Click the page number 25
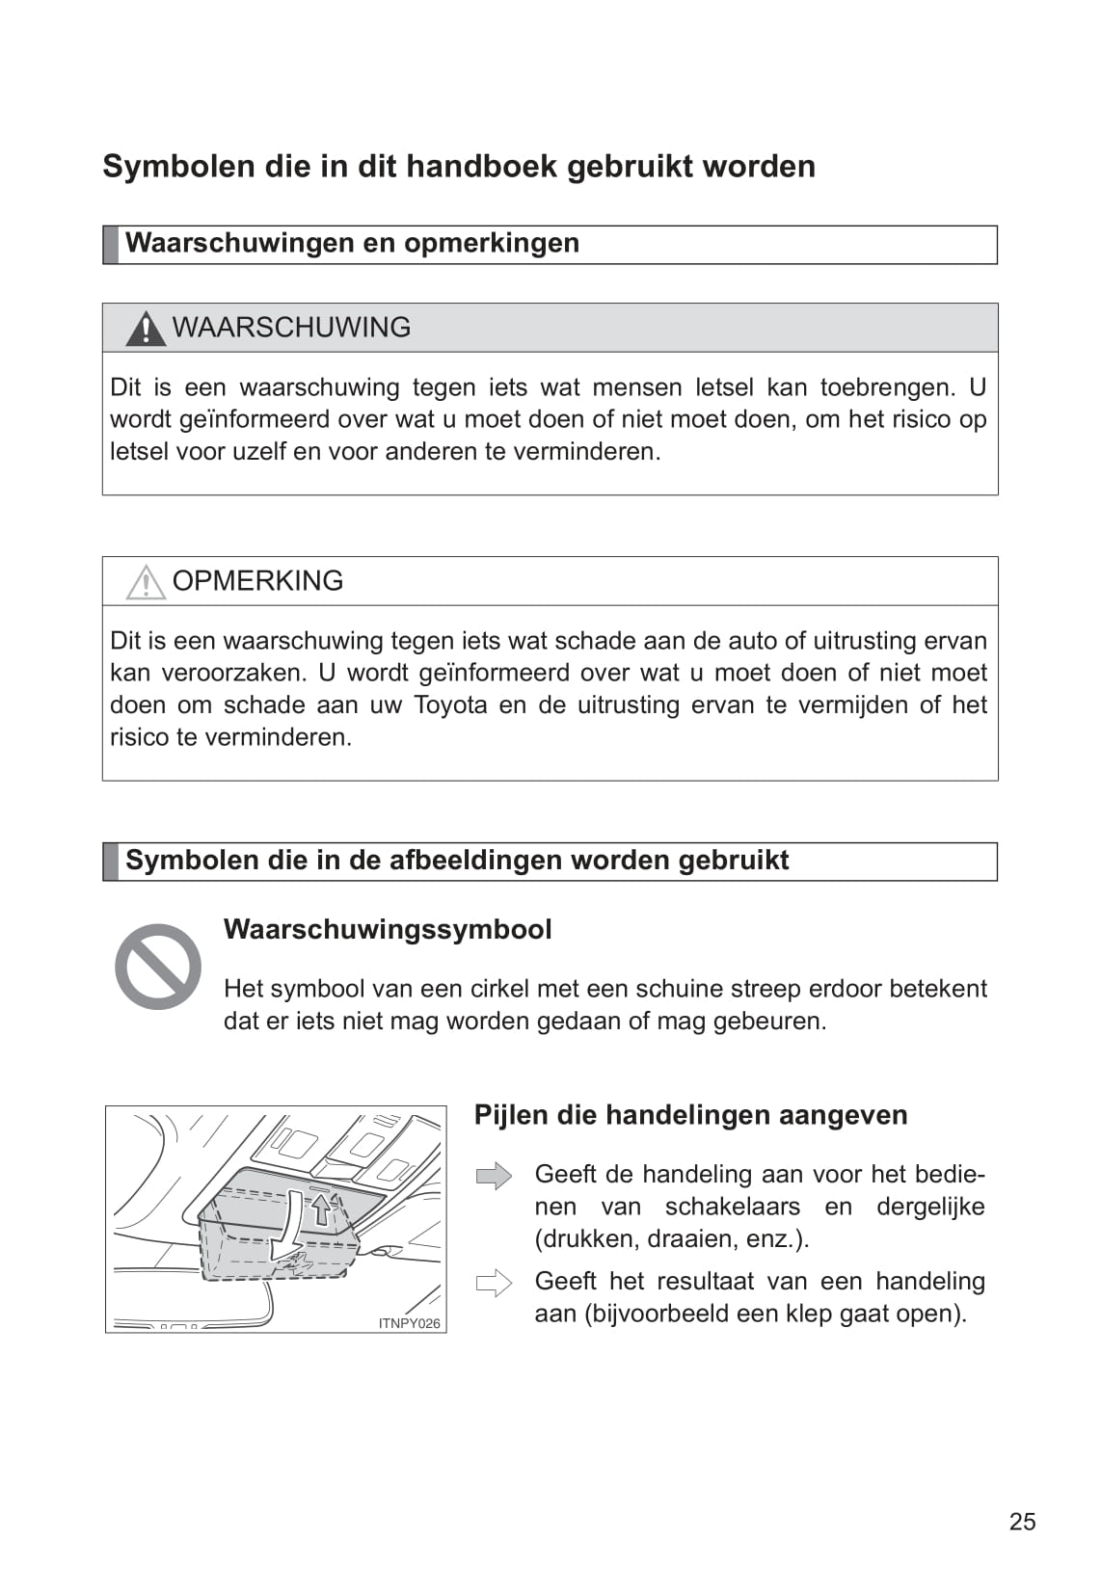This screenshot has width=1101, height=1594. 1022,1521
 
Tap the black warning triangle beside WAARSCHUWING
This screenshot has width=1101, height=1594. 146,329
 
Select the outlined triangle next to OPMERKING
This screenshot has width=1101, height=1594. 146,582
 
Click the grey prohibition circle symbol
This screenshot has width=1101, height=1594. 158,967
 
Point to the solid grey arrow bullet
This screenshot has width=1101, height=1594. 494,1176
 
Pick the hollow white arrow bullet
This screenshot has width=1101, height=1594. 494,1283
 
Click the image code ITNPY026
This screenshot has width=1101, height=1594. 409,1323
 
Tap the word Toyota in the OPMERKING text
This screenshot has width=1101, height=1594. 450,704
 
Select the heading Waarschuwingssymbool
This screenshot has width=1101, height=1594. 388,929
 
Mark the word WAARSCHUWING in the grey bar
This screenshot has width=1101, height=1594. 291,328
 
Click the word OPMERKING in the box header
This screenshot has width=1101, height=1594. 257,581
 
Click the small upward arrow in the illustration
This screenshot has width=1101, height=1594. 321,1209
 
